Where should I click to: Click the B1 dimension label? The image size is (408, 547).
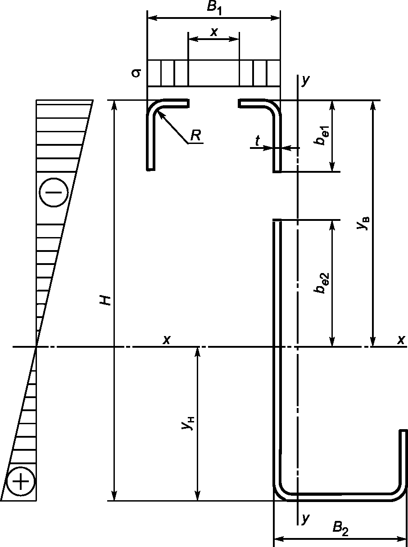pos(214,9)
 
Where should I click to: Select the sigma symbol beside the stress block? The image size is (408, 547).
pos(136,73)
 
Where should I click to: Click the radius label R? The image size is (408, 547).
pos(195,135)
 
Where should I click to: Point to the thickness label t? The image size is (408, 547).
pos(258,141)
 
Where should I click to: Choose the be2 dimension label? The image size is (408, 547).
pos(322,283)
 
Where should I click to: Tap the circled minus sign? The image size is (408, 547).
pos(54,193)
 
